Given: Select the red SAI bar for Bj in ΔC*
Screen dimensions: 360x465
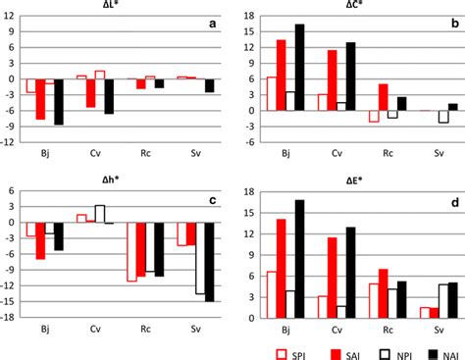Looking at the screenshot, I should [x=282, y=75].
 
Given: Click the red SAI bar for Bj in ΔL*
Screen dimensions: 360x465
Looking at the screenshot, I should [x=40, y=99].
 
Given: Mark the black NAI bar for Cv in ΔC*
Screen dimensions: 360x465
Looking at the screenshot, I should [x=350, y=77].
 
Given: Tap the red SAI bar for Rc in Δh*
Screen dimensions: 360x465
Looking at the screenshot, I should [x=141, y=249].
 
